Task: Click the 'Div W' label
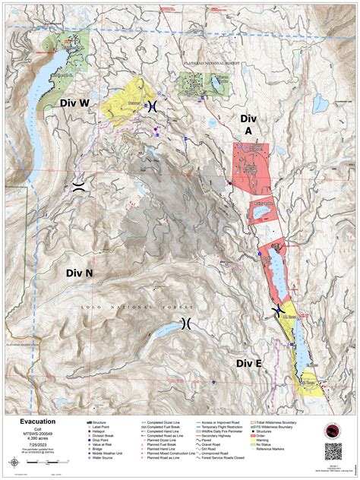(x=75, y=102)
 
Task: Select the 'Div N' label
(x=79, y=273)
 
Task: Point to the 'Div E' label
(x=248, y=364)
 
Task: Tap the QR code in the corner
(x=333, y=450)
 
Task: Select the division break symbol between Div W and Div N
(x=78, y=187)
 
